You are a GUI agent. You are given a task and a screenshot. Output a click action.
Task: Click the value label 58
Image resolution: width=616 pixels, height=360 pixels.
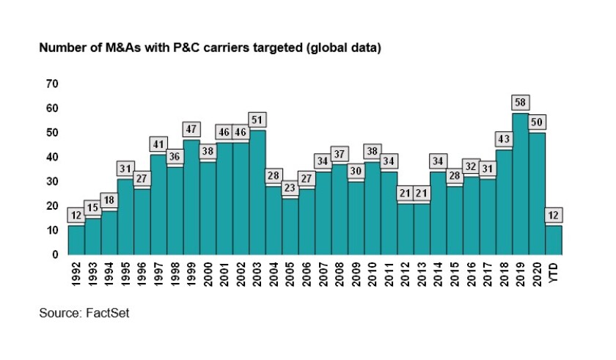(521, 103)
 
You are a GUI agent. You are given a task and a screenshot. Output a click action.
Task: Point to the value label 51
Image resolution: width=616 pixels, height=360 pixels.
(257, 120)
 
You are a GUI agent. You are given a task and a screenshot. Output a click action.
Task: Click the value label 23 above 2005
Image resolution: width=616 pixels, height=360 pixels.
(290, 188)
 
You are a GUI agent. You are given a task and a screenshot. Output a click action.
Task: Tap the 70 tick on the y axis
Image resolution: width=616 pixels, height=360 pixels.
(51, 84)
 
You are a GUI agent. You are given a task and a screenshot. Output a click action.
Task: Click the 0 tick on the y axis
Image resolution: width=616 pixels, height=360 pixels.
(54, 254)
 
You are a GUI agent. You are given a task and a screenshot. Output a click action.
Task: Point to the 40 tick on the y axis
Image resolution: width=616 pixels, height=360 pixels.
(51, 157)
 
